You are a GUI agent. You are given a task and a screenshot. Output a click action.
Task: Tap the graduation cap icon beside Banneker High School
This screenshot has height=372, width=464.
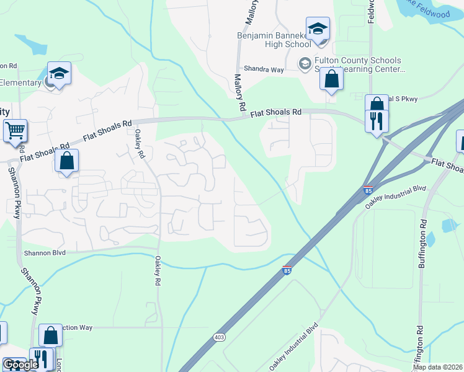coord(318,29)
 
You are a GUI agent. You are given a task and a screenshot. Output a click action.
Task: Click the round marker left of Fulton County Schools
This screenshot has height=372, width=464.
coord(305,63)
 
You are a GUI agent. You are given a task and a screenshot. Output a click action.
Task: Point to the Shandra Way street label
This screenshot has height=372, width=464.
coord(264,70)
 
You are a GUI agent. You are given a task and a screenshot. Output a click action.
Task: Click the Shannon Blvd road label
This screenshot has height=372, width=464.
coord(44,253)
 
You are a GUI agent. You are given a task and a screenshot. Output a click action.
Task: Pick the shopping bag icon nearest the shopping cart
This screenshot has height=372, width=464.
coord(67,161)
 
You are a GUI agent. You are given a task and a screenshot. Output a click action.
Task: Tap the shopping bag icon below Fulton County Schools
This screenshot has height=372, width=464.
coord(332,79)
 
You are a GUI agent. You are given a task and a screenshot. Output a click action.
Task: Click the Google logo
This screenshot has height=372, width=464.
coord(20,365)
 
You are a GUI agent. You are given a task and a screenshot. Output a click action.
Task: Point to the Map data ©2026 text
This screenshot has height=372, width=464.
coord(437,367)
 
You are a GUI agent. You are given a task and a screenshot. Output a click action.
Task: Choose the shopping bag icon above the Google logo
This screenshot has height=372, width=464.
coord(51,335)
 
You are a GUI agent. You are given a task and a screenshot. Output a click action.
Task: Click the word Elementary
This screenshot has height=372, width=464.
coord(20,82)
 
